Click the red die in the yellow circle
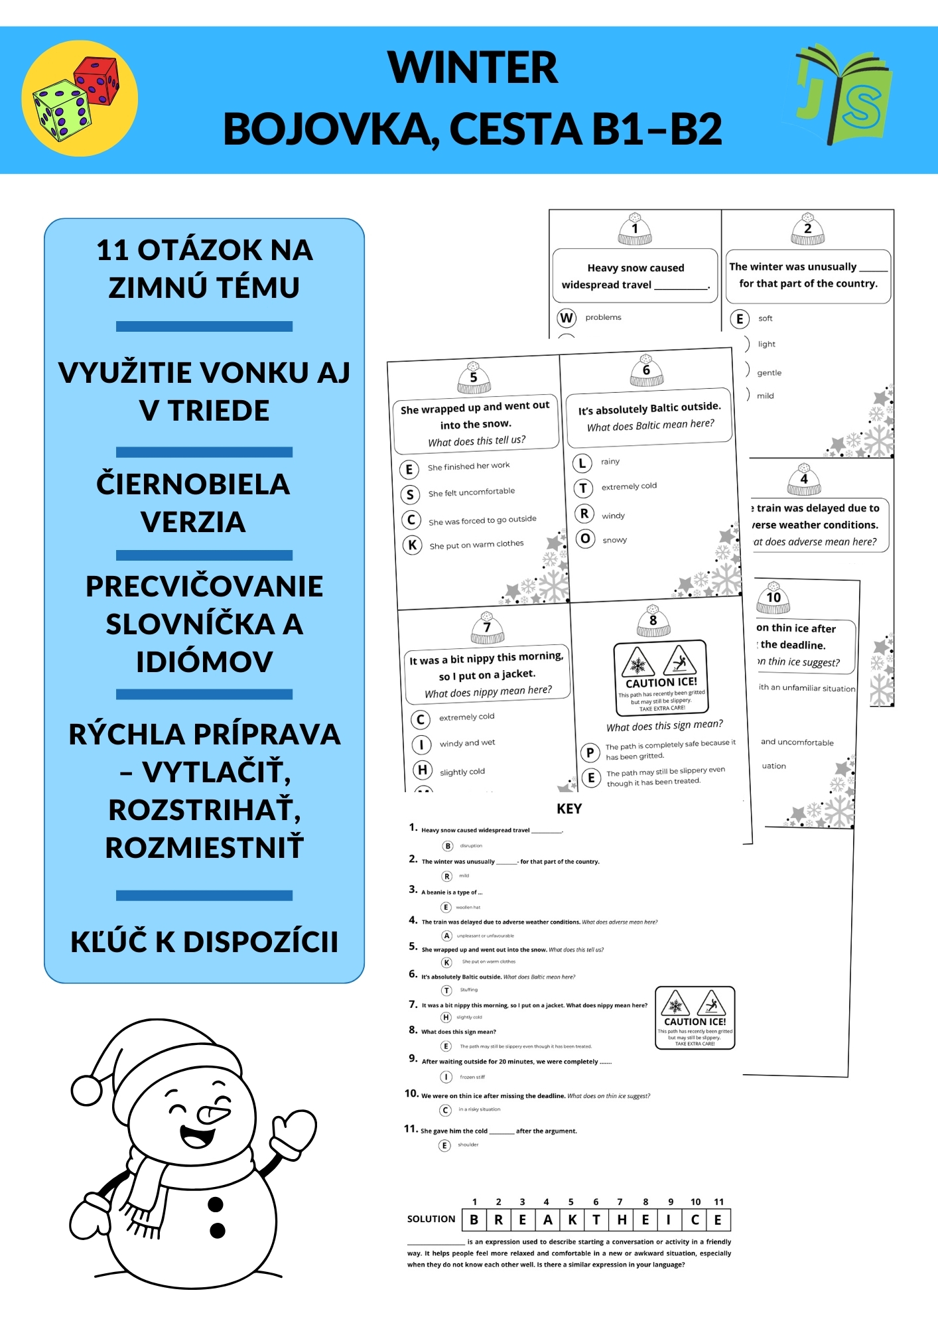pyautogui.click(x=97, y=80)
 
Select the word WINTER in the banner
pyautogui.click(x=472, y=68)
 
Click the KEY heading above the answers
pyautogui.click(x=569, y=809)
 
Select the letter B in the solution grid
pyautogui.click(x=474, y=1220)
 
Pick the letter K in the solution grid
pyautogui.click(x=572, y=1220)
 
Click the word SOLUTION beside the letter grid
pyautogui.click(x=431, y=1219)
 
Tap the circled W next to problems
pyautogui.click(x=566, y=318)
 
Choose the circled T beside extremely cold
pyautogui.click(x=582, y=488)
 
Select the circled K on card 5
pyautogui.click(x=412, y=545)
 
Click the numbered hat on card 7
pyautogui.click(x=488, y=628)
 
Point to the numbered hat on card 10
pyautogui.click(x=773, y=597)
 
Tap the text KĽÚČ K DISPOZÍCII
pyautogui.click(x=204, y=942)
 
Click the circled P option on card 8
pyautogui.click(x=590, y=752)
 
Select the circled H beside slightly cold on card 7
pyautogui.click(x=422, y=770)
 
